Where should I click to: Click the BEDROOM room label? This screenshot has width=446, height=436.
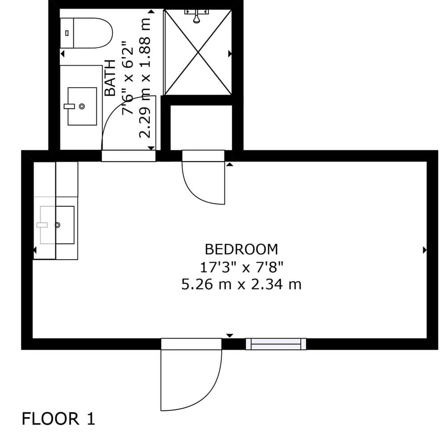coord(241,249)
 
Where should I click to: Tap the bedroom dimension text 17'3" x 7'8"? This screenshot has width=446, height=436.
coord(241,267)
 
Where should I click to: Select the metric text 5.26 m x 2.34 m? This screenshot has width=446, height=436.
coord(241,285)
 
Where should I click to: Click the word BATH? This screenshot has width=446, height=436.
coord(110,78)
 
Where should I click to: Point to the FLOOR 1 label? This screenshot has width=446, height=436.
coord(58,419)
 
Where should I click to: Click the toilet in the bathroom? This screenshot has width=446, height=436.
coord(87,33)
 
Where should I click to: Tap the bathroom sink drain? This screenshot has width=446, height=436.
coord(82,106)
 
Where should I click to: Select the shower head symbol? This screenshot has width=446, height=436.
coord(197,16)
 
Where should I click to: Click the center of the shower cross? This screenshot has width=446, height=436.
coord(198,52)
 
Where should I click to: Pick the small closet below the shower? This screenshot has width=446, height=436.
coord(201,127)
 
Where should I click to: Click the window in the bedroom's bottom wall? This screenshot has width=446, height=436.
coord(276,344)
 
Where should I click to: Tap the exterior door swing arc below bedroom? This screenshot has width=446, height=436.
coord(205,396)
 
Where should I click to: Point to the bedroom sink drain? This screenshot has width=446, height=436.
coord(57,225)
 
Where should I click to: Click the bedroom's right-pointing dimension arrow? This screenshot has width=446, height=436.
coord(425,250)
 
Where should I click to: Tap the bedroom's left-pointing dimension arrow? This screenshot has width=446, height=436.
coord(35,250)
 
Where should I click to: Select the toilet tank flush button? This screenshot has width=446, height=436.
coord(67,33)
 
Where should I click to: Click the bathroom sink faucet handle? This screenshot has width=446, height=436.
coord(69,106)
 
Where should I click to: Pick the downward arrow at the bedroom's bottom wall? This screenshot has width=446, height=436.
coord(230,335)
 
